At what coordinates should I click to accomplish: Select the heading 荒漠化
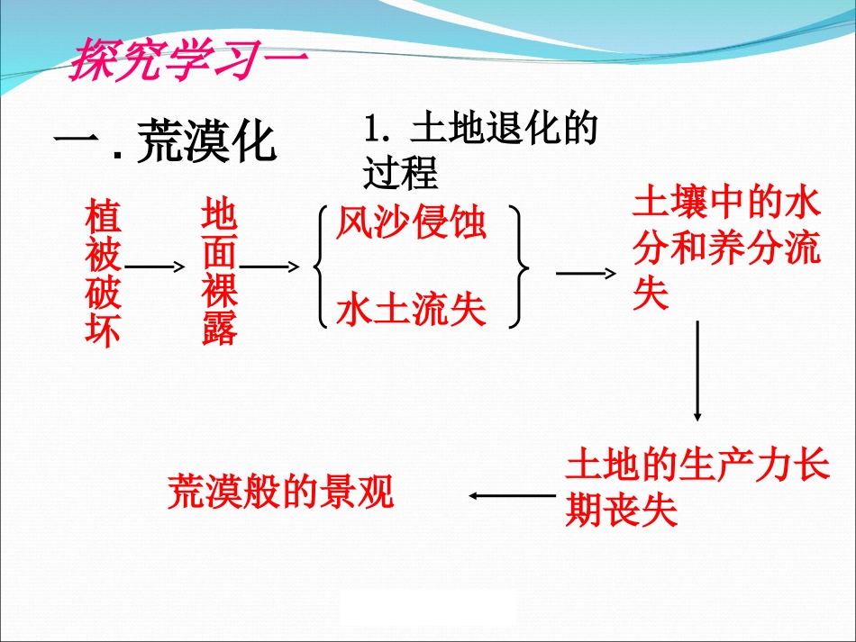point(206,142)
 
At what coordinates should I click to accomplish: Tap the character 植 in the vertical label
point(103,218)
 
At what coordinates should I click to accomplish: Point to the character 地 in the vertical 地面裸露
point(220,218)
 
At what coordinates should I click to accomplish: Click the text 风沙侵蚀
point(411,223)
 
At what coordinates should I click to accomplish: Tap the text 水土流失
point(411,312)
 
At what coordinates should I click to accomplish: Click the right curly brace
point(520,267)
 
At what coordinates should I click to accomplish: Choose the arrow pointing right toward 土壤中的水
point(587,273)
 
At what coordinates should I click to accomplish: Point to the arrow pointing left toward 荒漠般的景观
point(512,494)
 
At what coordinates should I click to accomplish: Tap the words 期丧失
point(621,512)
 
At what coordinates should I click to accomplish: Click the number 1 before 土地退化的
point(373,130)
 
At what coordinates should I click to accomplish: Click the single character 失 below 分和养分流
point(651,294)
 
